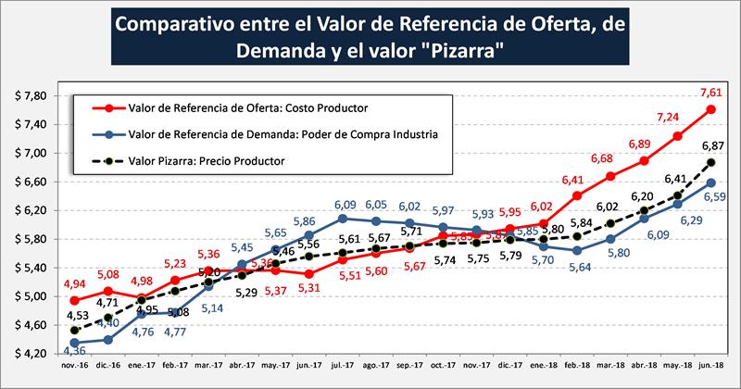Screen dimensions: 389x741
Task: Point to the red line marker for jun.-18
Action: (x=710, y=108)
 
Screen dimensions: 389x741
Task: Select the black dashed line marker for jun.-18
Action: (x=710, y=162)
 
